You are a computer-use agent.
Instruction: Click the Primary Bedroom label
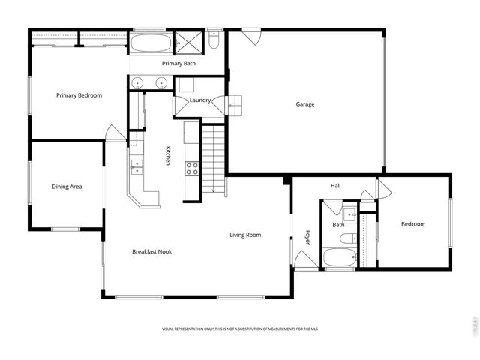79,95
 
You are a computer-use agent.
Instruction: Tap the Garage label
304,104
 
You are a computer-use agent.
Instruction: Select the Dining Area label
67,187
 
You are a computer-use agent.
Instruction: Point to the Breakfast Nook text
152,251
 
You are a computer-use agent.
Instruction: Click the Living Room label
245,235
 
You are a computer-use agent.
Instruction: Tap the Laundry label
200,100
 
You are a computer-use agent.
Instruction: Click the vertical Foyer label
307,236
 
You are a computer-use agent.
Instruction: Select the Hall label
335,186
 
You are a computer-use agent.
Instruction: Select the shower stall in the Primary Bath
187,43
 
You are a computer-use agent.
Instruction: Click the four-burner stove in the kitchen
192,168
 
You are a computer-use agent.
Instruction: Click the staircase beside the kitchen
214,158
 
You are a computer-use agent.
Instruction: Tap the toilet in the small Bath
346,238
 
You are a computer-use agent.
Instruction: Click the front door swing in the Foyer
304,260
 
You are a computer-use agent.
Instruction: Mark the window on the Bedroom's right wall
450,222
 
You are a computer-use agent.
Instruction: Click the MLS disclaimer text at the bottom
239,329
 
